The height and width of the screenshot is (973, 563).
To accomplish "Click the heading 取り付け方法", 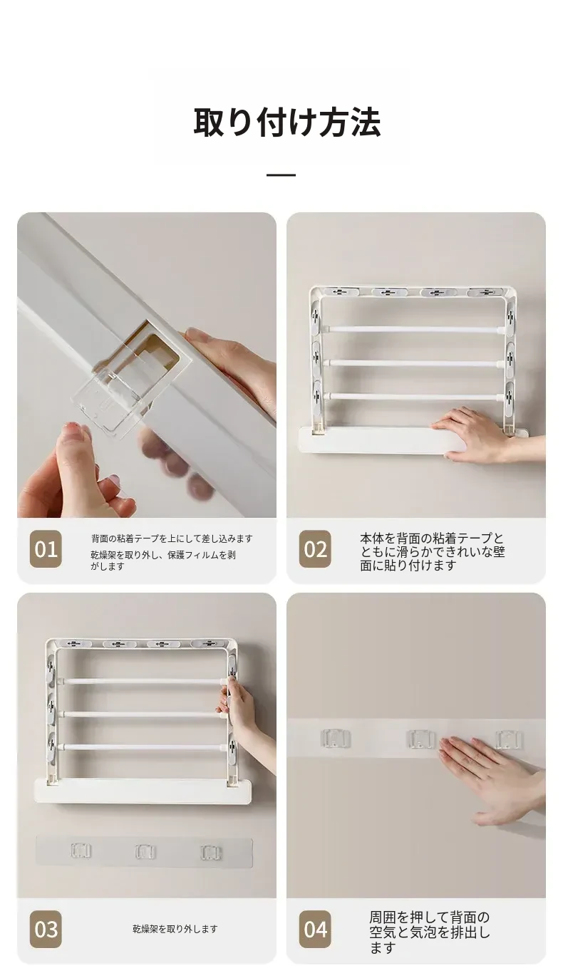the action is point(287,123).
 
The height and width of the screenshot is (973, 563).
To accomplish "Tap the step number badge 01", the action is point(46,549).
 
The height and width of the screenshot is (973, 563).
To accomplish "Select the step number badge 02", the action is point(315,549).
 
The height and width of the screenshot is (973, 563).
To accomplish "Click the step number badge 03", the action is point(46,929).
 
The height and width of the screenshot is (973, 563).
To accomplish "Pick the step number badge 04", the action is point(315,929).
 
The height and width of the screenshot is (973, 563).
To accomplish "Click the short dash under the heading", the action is point(281,175).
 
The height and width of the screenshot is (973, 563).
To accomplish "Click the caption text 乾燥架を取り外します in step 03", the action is point(175,929).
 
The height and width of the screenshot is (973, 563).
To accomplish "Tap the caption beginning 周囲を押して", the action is point(430,932).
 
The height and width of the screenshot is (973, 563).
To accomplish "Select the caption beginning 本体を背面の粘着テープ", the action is point(432,551).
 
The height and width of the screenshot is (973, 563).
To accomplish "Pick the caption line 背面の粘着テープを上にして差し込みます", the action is point(172,538).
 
